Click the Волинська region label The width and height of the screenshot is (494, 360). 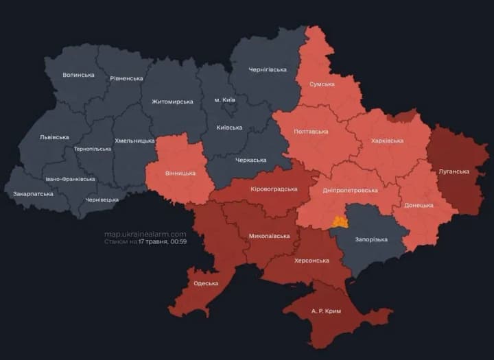[x=78, y=75]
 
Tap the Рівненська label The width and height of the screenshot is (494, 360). [x=126, y=78]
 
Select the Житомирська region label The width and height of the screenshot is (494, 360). [x=172, y=101]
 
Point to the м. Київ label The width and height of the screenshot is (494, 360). [x=224, y=100]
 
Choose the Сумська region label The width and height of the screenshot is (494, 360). [x=322, y=84]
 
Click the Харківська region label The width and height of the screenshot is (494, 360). [x=387, y=141]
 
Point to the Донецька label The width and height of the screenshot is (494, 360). [x=419, y=205]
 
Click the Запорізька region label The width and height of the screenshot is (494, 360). [x=372, y=239]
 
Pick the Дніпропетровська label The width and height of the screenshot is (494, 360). [x=350, y=191]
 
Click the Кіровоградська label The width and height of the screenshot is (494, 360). [x=274, y=189]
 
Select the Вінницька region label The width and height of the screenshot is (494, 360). [x=180, y=173]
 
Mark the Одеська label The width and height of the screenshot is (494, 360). [x=206, y=283]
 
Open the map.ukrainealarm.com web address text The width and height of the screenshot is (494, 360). [x=145, y=234]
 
